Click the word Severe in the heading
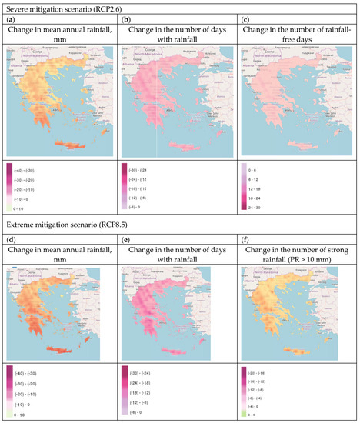coord(17,6)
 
